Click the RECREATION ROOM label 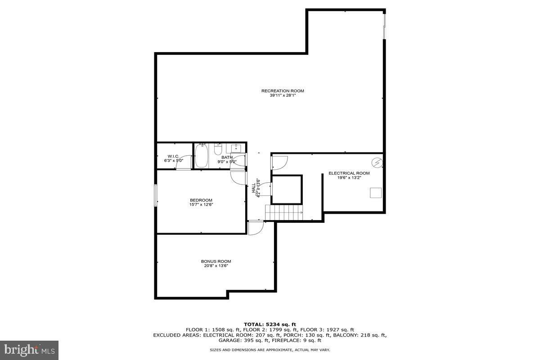(283, 91)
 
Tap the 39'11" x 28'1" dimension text (283, 95)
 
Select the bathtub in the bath (201, 156)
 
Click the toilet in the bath (218, 149)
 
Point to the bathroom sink (236, 148)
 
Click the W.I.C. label (174, 156)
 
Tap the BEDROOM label (201, 200)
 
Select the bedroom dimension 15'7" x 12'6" (201, 205)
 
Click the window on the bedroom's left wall (156, 195)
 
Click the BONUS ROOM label (216, 261)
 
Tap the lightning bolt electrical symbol (377, 163)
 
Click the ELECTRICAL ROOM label (349, 173)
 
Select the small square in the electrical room (376, 193)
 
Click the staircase (284, 212)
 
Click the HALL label (254, 188)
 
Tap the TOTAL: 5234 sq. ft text (270, 324)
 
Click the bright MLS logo (29, 351)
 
